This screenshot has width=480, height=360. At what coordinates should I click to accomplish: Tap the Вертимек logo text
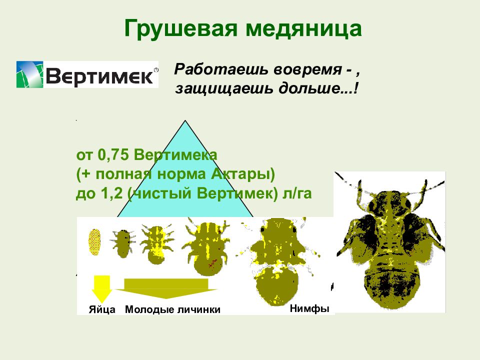(99, 75)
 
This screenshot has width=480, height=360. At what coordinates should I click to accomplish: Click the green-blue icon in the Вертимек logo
(29, 74)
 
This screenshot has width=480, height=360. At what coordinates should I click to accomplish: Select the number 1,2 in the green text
(110, 193)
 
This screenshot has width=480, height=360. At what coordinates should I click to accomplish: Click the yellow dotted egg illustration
(95, 242)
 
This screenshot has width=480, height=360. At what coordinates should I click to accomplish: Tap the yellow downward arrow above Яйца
(102, 288)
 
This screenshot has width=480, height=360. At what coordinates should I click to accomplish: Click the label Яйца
(102, 309)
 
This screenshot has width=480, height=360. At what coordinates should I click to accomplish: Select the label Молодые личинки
(172, 309)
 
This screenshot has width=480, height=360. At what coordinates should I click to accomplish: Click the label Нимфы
(309, 308)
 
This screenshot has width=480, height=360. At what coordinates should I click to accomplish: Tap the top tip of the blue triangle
(185, 122)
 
